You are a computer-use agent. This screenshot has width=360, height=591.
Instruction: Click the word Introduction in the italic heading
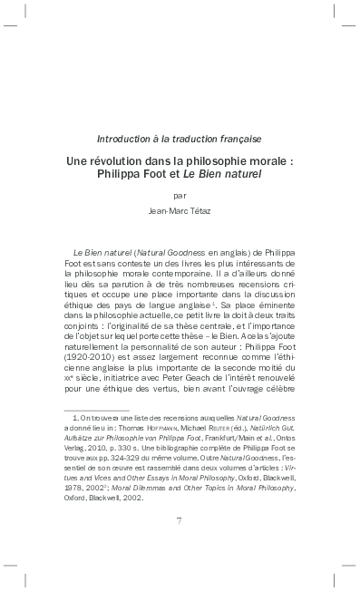125,139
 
